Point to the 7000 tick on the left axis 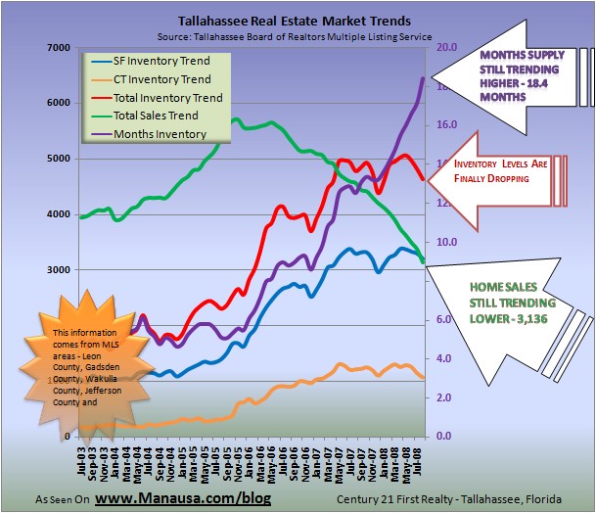[58, 47]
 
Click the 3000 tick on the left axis [58, 269]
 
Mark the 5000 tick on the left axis [58, 159]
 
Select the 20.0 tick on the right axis [447, 47]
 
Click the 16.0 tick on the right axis [447, 125]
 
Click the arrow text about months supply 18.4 [519, 70]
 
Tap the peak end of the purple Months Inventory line [422, 78]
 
